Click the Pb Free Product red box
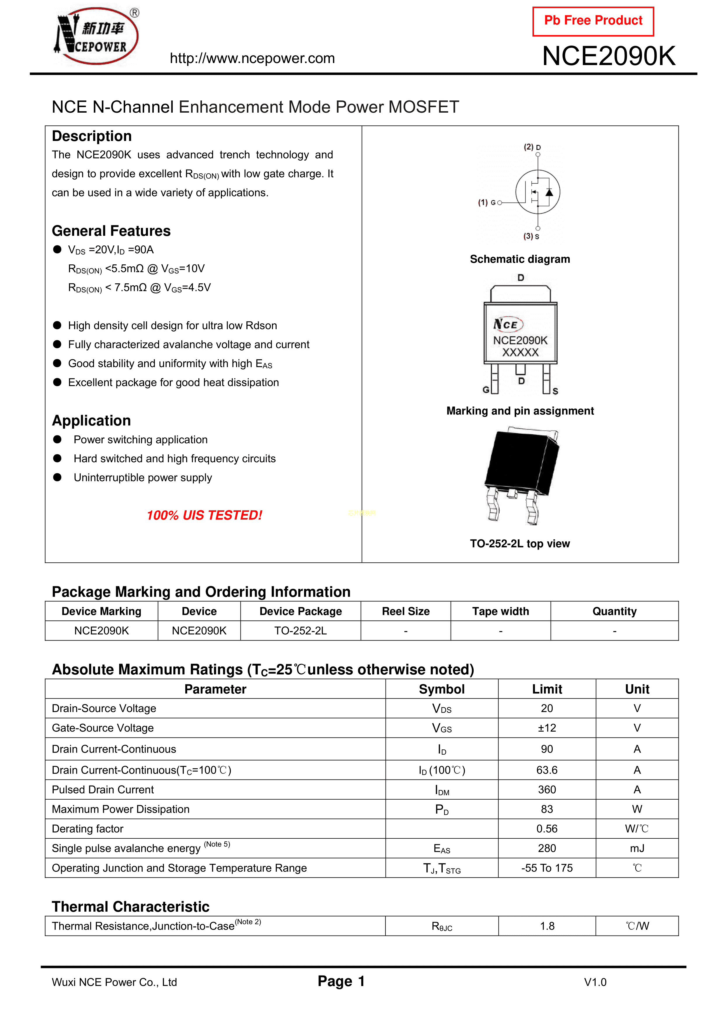point(593,21)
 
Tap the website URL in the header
point(252,58)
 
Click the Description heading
point(91,136)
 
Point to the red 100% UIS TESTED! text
point(204,515)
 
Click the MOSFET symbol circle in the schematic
point(538,192)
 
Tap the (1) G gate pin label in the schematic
point(487,203)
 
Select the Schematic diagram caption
point(520,259)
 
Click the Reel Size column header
point(406,611)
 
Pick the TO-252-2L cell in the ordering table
point(300,631)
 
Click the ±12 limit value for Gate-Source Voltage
point(547,728)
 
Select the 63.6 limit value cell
point(547,770)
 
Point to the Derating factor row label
point(88,829)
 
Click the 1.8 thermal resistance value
point(547,926)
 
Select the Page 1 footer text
point(341,981)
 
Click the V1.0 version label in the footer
point(595,982)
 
